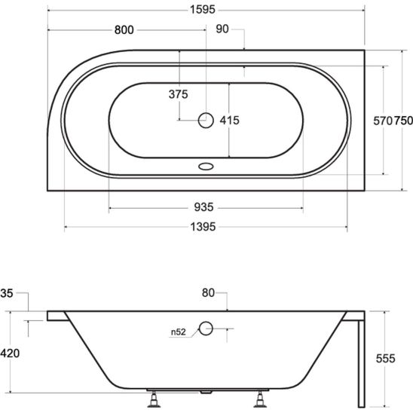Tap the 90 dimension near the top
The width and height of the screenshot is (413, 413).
[x=223, y=30]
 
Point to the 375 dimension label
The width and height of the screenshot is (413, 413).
[x=178, y=94]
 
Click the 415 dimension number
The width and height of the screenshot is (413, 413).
[x=229, y=120]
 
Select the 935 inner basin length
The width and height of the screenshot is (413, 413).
[x=206, y=207]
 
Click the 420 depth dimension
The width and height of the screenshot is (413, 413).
[x=11, y=353]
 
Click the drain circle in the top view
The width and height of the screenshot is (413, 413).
[x=206, y=119]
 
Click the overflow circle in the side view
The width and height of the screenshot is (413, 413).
[x=206, y=328]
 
